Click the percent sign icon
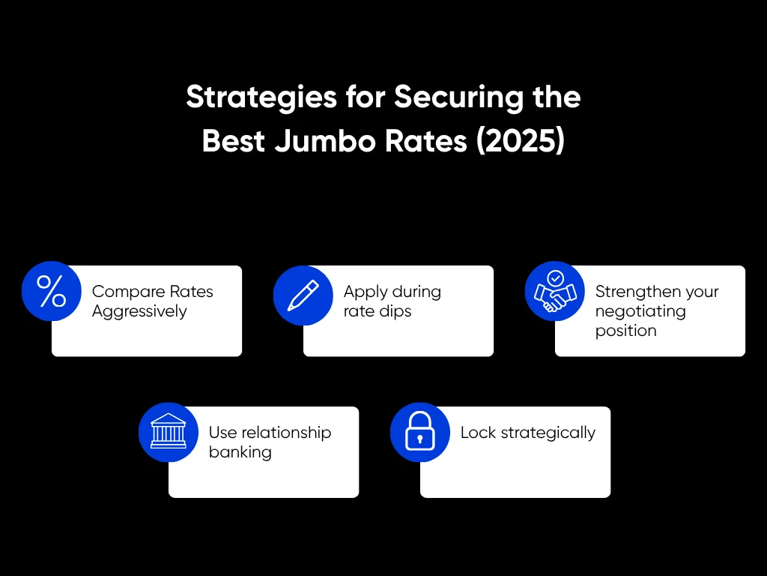(x=52, y=291)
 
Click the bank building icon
(x=169, y=432)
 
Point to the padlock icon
(x=420, y=432)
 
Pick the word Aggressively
(x=139, y=311)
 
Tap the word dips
(x=395, y=311)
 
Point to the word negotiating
(x=640, y=311)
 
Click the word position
(x=625, y=331)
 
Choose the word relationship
(x=285, y=433)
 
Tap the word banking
(x=240, y=452)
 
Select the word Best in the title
(x=232, y=141)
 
